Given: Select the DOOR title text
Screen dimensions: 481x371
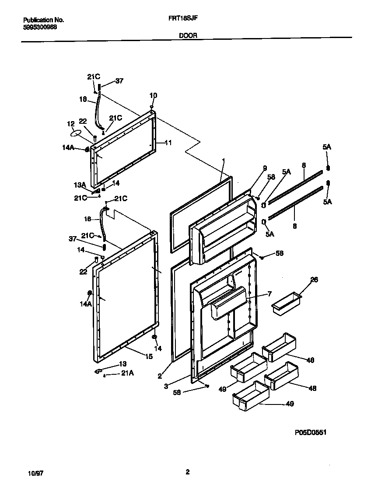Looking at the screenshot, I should pyautogui.click(x=187, y=38).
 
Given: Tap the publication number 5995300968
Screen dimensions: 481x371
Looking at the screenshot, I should pyautogui.click(x=40, y=27).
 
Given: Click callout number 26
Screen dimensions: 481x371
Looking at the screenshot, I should pyautogui.click(x=314, y=280).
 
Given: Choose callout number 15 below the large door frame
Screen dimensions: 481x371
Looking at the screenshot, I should pyautogui.click(x=149, y=357).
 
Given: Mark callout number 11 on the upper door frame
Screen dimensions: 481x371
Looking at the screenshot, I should pyautogui.click(x=168, y=143).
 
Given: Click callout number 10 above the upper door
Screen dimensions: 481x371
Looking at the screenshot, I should pyautogui.click(x=153, y=95).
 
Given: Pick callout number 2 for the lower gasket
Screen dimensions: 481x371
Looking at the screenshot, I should pyautogui.click(x=160, y=375).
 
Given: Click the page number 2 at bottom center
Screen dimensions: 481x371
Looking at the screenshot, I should pyautogui.click(x=187, y=472).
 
